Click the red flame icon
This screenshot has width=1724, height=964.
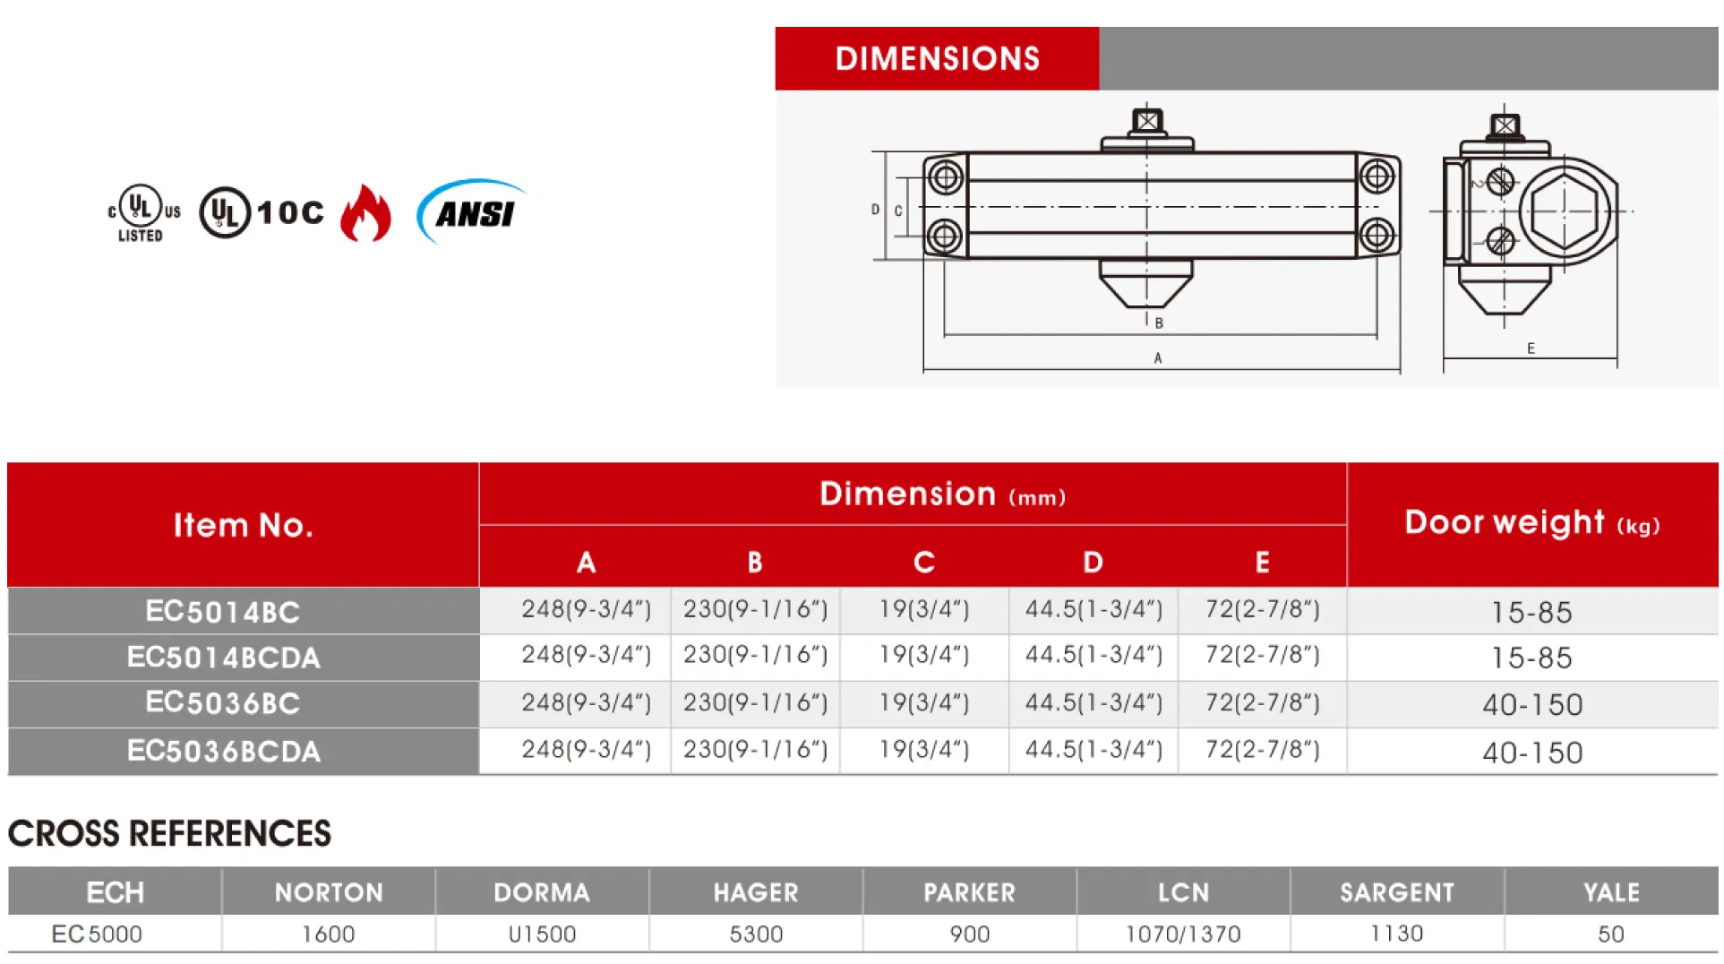[x=365, y=213]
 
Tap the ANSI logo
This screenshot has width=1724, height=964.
[x=472, y=211]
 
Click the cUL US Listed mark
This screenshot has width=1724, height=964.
[x=143, y=213]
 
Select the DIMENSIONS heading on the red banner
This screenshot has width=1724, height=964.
[x=937, y=59]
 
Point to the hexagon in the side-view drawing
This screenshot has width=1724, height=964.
[x=1565, y=211]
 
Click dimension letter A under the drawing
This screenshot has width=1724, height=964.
[x=1158, y=358]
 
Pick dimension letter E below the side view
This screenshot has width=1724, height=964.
[x=1531, y=349]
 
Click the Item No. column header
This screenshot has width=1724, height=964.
[x=243, y=525]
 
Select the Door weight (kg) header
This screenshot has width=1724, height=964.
[x=1531, y=523]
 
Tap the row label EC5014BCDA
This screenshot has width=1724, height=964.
[x=223, y=658]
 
